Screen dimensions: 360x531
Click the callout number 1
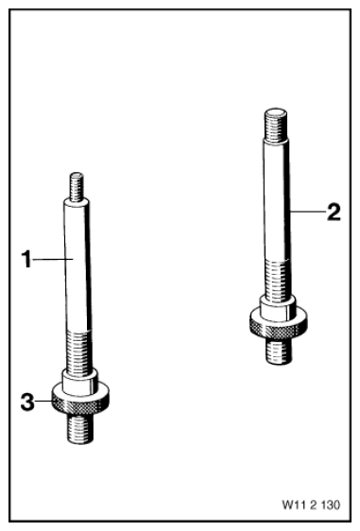(x=26, y=259)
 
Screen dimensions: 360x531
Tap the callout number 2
(x=334, y=212)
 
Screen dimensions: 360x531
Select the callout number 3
(x=27, y=402)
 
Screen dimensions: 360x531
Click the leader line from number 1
(x=53, y=260)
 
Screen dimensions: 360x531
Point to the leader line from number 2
(x=307, y=212)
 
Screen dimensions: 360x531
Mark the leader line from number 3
(x=44, y=402)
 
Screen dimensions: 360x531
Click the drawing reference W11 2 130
(x=311, y=505)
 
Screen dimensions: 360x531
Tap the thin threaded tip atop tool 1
(x=77, y=186)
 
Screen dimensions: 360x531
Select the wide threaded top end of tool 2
(x=276, y=125)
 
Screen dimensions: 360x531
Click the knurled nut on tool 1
(x=80, y=399)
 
